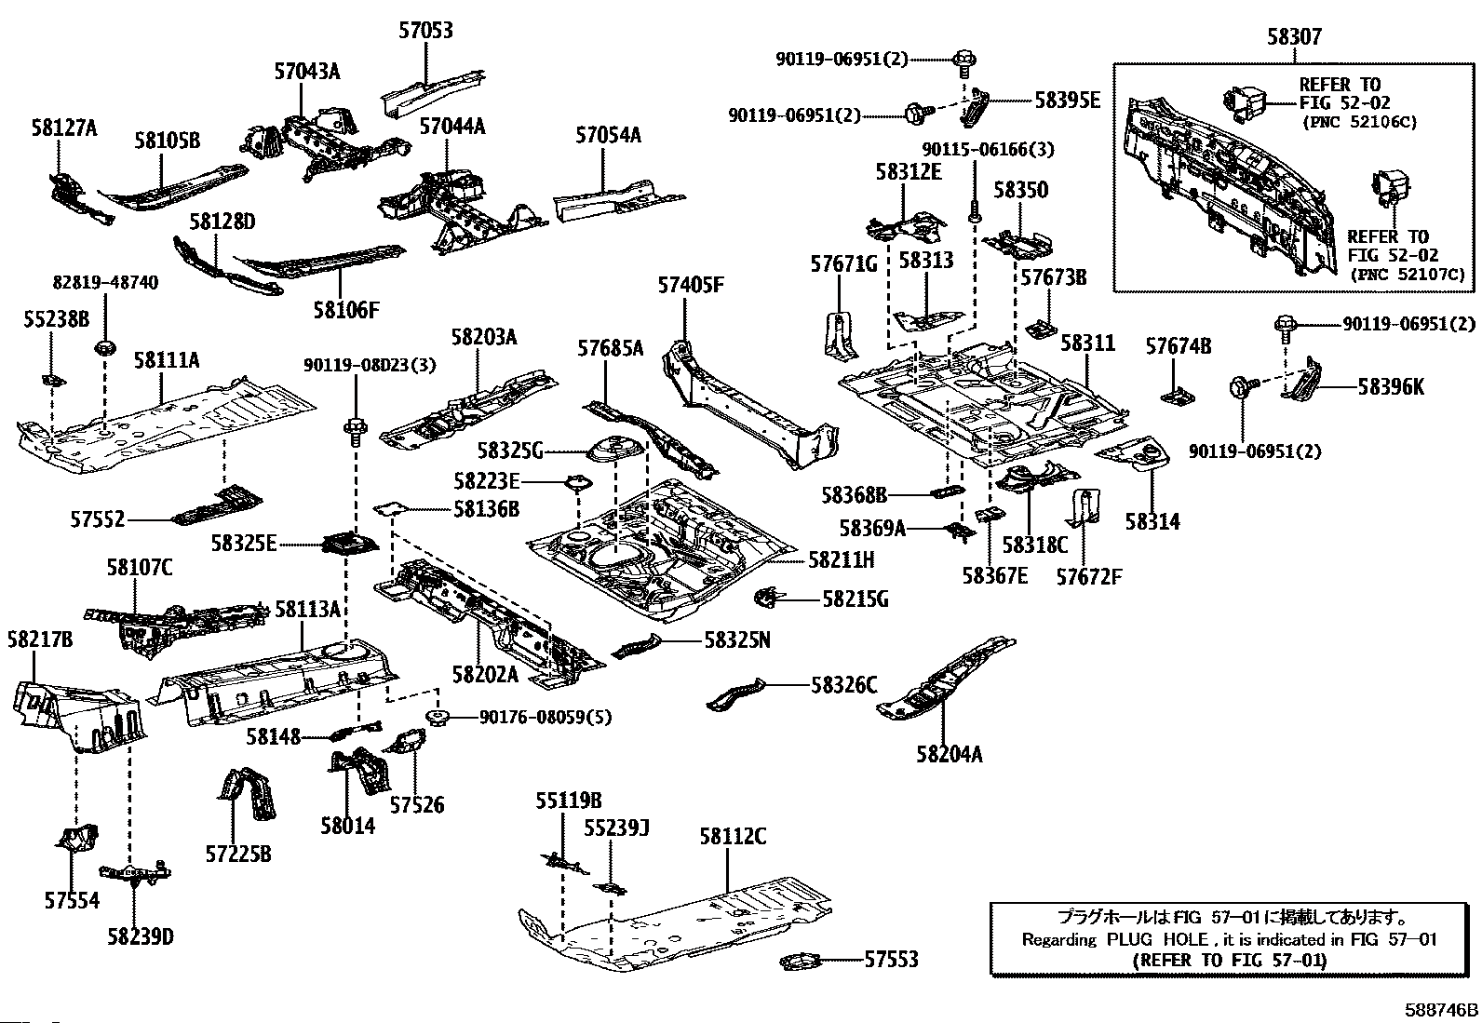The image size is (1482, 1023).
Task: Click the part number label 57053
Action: [425, 31]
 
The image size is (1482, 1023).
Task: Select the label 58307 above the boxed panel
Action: [1293, 37]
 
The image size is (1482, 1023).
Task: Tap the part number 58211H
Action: [841, 559]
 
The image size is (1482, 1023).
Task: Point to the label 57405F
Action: [690, 286]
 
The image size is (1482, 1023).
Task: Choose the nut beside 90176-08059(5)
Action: [436, 717]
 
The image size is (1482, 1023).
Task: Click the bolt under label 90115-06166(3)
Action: [975, 211]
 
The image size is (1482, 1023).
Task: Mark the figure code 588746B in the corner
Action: [1441, 1010]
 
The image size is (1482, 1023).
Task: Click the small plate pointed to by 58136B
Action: [390, 509]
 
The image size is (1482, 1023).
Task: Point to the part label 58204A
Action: [949, 754]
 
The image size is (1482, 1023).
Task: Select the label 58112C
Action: [733, 837]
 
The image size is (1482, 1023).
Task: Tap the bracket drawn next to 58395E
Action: [976, 107]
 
